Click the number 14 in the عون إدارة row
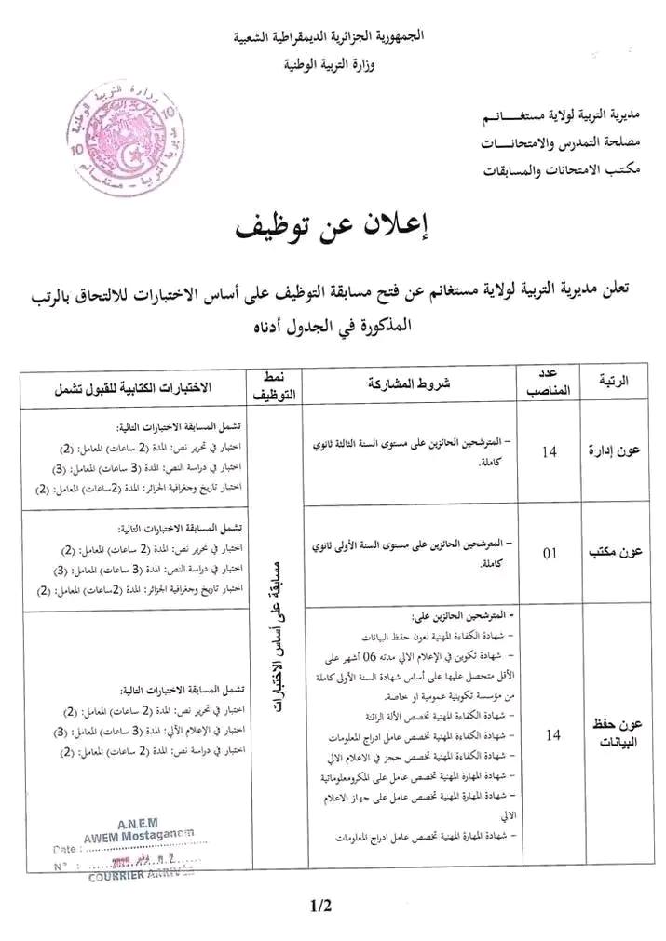(x=550, y=452)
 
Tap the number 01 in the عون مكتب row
(x=550, y=554)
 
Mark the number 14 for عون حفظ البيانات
(x=551, y=735)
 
